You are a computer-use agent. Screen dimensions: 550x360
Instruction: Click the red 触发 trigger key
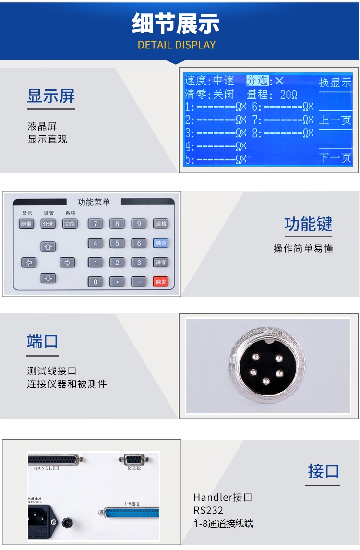coord(161,282)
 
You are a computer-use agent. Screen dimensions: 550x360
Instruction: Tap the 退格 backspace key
coord(161,224)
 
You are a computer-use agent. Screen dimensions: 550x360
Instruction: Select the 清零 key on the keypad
coord(161,263)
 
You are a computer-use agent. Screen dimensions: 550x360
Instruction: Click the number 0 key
coord(95,282)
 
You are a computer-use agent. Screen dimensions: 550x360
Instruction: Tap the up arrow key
coord(48,247)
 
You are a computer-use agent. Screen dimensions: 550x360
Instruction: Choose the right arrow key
coord(67,263)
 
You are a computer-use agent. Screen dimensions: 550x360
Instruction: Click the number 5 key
coord(117,243)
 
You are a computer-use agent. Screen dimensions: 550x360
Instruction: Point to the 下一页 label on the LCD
coord(336,157)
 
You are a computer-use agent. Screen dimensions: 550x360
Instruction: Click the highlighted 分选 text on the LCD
coord(257,81)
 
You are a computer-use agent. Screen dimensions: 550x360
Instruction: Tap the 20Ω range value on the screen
coord(288,95)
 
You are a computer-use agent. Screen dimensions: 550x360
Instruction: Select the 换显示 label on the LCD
coord(336,83)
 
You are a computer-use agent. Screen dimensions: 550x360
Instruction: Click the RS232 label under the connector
coord(134,468)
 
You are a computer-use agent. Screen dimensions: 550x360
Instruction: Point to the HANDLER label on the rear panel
coord(47,468)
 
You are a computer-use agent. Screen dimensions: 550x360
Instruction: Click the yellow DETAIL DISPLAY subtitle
coord(177,45)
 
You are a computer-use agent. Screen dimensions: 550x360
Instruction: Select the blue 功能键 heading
coord(308,224)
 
